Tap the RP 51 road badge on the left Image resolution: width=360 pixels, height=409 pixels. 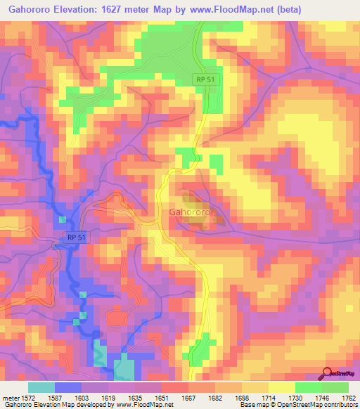click(x=77, y=238)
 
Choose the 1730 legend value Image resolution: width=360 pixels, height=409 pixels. click(x=294, y=397)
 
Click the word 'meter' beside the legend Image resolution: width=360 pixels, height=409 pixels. click(x=11, y=397)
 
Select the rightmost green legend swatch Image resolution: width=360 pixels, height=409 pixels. click(x=335, y=387)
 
